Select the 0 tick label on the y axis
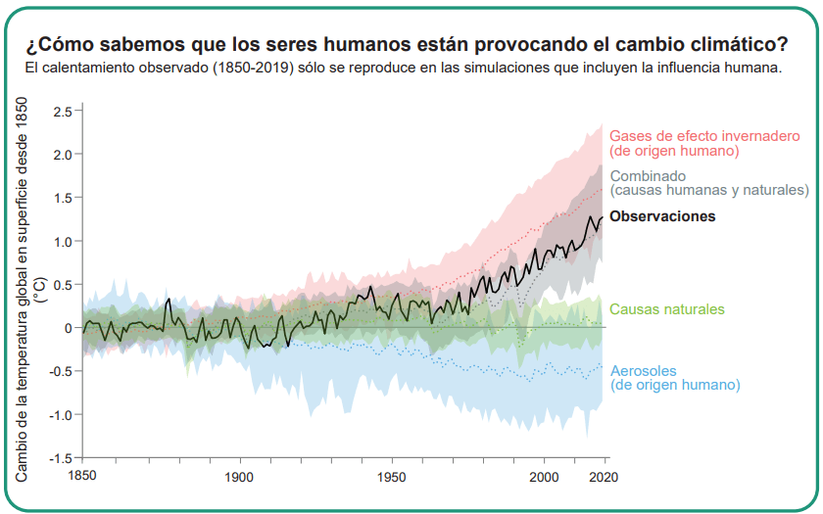[68, 328]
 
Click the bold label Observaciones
[662, 216]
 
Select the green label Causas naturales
[667, 309]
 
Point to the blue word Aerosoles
[643, 371]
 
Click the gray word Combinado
[648, 175]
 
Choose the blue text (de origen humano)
[675, 386]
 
